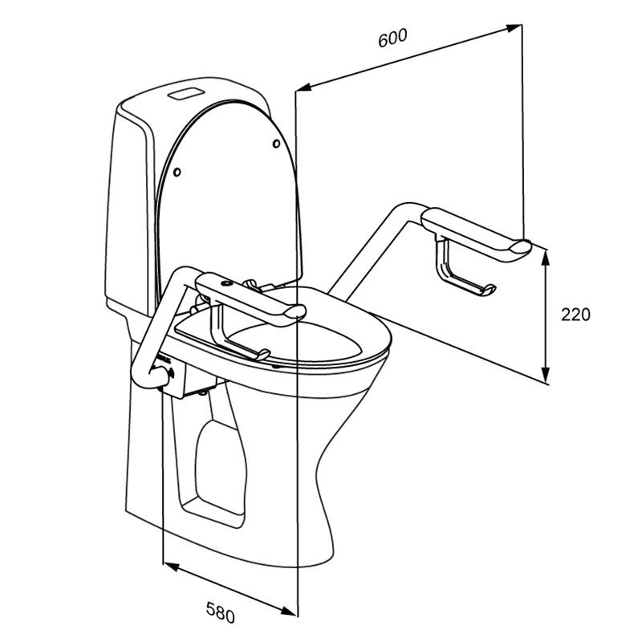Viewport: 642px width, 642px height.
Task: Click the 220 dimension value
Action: click(575, 315)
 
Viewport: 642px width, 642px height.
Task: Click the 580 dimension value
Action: click(220, 613)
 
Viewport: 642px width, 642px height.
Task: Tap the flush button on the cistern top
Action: click(185, 91)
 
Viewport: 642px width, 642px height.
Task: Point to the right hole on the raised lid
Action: click(276, 144)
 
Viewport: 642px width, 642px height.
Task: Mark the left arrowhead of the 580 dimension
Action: click(169, 567)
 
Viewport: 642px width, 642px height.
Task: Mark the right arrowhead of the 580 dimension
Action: click(291, 609)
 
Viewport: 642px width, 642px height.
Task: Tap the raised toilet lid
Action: click(229, 185)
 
